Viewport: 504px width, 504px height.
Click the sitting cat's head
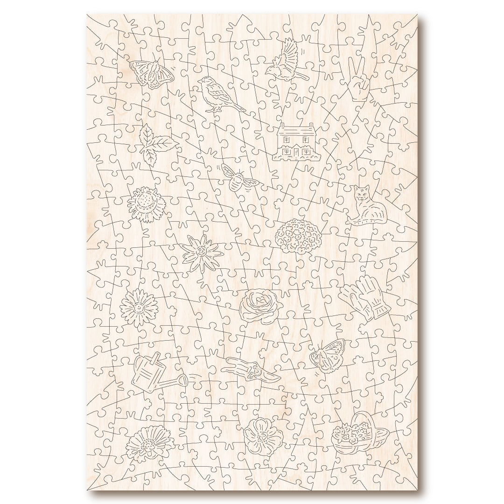tap(360, 192)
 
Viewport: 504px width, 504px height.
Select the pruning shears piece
tap(250, 370)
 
